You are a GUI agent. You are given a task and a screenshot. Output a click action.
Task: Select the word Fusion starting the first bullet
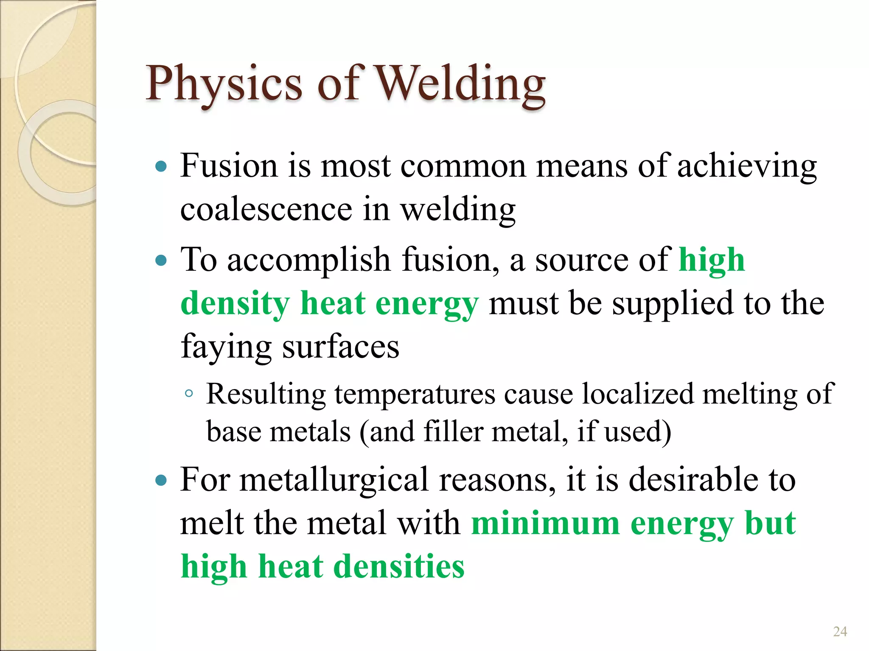229,166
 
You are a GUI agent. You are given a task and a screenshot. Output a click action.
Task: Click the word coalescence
266,209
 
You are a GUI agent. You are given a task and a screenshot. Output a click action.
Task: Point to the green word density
235,304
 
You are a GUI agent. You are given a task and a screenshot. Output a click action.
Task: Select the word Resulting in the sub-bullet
266,395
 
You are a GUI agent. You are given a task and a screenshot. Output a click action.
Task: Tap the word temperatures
415,395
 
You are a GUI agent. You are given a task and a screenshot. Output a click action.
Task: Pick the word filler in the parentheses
453,432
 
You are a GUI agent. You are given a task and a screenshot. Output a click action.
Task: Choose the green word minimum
546,524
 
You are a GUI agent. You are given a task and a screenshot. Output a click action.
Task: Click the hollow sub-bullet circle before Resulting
189,394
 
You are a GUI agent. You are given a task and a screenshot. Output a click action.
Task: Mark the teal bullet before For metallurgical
161,481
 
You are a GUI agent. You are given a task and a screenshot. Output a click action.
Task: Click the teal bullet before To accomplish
161,260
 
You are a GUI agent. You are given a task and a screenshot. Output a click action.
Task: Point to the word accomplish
308,260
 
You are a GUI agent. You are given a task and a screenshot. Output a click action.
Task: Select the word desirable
693,480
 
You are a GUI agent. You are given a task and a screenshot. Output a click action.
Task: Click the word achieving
747,166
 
